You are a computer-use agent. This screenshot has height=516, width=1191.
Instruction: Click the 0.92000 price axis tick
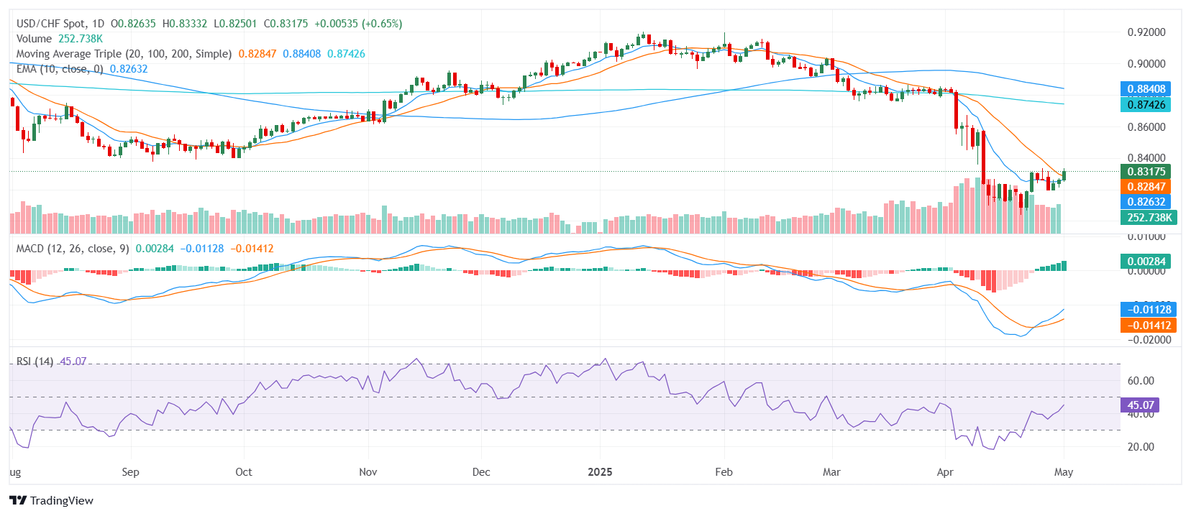[x=1146, y=32]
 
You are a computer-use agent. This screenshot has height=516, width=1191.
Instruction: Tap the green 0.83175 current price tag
[x=1146, y=172]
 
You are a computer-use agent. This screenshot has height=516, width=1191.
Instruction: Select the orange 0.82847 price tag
[x=1146, y=187]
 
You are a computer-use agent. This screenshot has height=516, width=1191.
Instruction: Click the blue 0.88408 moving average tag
[x=1146, y=89]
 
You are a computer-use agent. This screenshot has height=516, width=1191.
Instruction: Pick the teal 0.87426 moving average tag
[x=1146, y=105]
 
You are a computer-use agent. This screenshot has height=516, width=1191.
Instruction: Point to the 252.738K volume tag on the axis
[x=1149, y=218]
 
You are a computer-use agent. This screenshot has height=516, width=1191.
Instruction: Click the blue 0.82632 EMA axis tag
[x=1146, y=202]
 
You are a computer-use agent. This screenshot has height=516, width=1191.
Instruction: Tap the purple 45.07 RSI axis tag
[x=1140, y=405]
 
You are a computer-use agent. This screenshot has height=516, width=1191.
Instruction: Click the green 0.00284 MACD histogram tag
[x=1146, y=262]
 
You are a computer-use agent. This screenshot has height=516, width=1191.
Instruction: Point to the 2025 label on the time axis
[x=600, y=472]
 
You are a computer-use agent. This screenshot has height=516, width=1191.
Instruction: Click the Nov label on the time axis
[x=368, y=472]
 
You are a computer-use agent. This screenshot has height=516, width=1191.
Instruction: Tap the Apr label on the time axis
[x=945, y=472]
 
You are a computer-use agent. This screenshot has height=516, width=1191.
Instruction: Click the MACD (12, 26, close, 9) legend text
[x=73, y=249]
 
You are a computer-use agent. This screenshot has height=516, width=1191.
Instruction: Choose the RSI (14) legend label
[x=35, y=361]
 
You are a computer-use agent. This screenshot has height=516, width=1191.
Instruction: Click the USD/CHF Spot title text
[x=50, y=24]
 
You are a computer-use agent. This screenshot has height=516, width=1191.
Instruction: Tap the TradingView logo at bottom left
[x=51, y=501]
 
